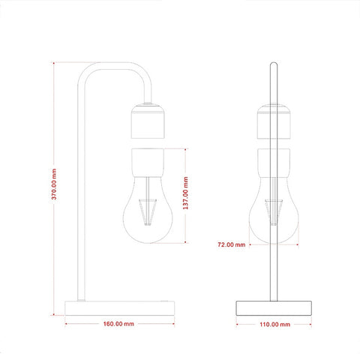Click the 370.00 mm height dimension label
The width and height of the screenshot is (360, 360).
pos(54,184)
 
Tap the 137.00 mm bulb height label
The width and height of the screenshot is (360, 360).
pos(185,193)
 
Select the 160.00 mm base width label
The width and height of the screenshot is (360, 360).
pos(118,324)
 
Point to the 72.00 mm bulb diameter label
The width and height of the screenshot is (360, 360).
pos(232,244)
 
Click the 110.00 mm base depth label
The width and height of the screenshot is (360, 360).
pos(275,324)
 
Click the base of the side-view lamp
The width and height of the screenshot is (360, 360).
pos(119,308)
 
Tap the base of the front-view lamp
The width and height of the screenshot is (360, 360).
pos(274,308)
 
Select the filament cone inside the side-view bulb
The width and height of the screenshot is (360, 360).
pos(148,212)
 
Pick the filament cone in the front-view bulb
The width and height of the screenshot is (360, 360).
pos(274,212)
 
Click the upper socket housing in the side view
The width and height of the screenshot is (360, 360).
pos(148,121)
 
